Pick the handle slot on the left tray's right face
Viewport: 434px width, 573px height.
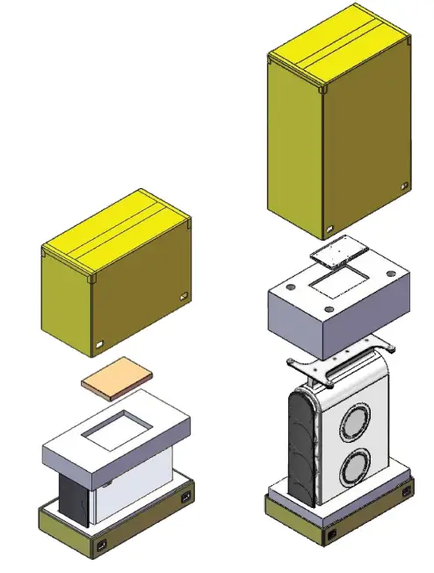click(x=184, y=498)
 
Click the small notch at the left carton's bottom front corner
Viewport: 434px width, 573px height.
click(x=100, y=342)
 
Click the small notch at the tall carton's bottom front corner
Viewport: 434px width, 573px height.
click(x=326, y=232)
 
